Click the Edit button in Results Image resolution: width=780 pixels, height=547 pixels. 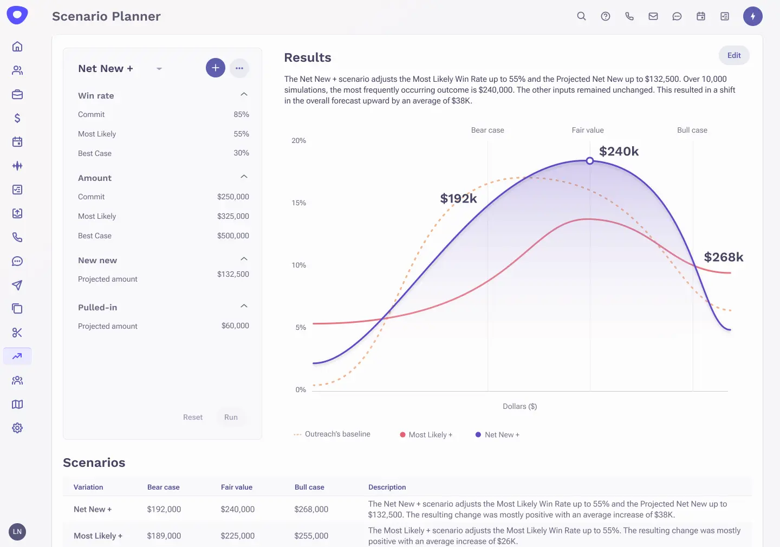coord(733,55)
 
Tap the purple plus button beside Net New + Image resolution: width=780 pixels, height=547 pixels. coord(215,68)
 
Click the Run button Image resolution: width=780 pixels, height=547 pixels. coord(231,417)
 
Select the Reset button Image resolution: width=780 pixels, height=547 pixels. coord(192,417)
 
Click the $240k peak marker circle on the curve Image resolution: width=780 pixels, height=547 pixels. coord(589,161)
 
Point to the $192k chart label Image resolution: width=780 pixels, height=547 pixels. coord(458,199)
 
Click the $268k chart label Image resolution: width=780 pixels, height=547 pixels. coord(723,257)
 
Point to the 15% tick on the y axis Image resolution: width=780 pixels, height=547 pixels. coord(299,203)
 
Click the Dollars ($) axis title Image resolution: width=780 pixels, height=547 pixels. coord(519,407)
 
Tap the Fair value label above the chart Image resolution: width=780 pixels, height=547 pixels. coord(587,131)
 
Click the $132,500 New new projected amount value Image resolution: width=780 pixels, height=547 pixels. coord(233,274)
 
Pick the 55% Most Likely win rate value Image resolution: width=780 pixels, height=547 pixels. coord(241,134)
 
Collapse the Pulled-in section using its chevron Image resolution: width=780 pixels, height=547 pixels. coord(244,306)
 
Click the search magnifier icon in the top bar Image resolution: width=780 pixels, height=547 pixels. coord(581,16)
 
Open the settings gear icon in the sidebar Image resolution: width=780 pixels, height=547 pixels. coord(17,428)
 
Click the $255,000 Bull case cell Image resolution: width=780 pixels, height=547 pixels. coord(311,536)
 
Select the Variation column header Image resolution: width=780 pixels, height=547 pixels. coord(88,487)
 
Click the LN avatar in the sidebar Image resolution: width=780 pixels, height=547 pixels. coord(17,531)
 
